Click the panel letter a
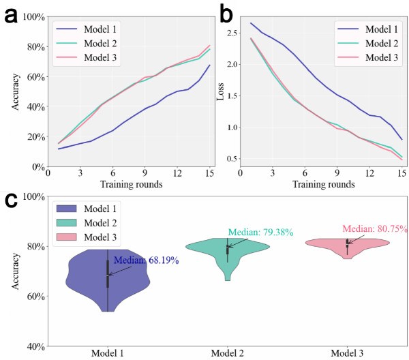12,15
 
